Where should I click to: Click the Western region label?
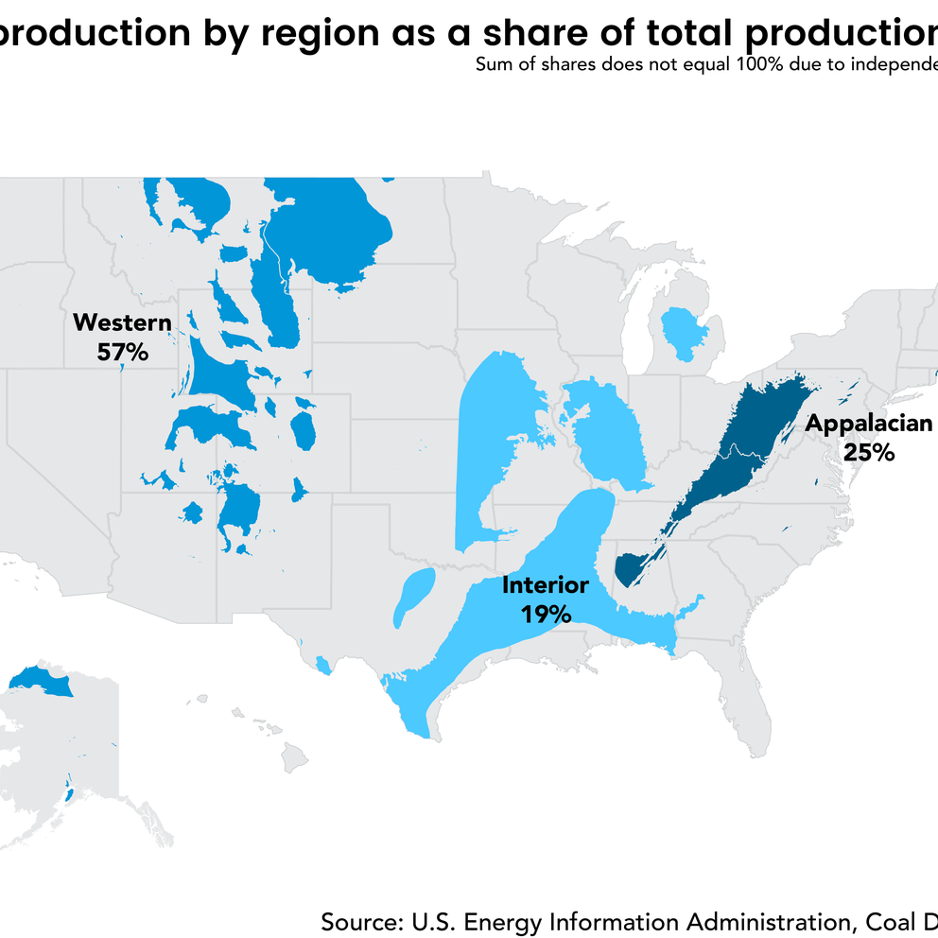122,323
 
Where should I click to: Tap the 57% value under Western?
122,353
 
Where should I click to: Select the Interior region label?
546,585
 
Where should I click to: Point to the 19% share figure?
546,615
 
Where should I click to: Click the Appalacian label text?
868,424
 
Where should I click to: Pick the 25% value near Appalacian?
868,452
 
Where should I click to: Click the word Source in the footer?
357,922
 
